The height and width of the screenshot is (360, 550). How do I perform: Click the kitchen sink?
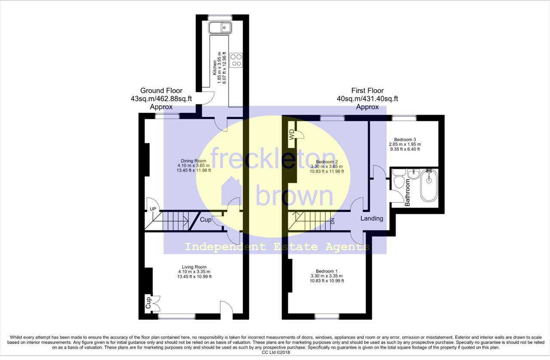click(220, 27)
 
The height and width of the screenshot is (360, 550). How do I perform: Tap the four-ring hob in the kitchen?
click(236, 60)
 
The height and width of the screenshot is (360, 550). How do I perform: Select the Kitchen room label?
click(214, 67)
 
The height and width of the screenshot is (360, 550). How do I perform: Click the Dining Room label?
click(193, 161)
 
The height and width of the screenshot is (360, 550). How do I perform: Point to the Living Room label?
click(194, 267)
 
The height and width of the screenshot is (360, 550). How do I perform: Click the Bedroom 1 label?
click(327, 271)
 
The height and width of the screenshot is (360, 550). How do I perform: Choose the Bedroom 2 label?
click(327, 162)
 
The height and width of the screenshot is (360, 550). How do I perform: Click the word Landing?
click(372, 218)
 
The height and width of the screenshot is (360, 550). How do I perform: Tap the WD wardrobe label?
click(292, 134)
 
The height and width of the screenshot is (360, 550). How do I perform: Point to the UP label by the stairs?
click(153, 209)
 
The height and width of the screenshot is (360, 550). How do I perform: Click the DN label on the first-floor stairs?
click(333, 221)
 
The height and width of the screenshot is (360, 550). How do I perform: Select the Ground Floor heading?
click(161, 91)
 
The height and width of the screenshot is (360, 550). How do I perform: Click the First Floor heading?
click(367, 91)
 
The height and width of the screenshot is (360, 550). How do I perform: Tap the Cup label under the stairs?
click(205, 219)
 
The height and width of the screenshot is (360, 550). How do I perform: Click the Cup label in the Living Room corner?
click(148, 303)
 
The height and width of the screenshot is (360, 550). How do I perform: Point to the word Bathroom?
click(407, 192)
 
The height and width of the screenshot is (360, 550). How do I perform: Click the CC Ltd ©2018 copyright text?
click(276, 352)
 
